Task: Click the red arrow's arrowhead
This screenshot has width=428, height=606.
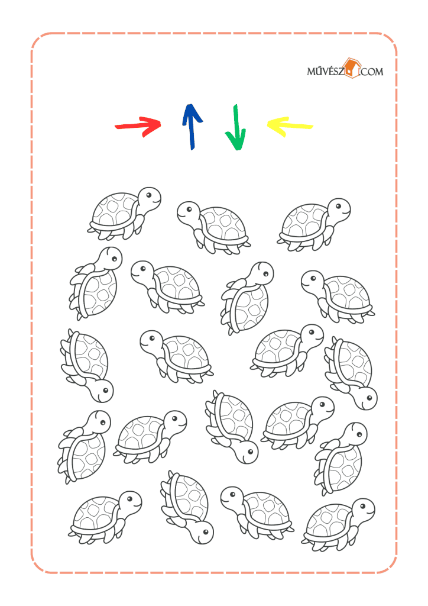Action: click(x=153, y=125)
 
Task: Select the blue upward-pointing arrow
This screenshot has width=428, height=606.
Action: click(x=192, y=127)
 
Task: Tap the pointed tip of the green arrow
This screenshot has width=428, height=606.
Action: click(x=236, y=149)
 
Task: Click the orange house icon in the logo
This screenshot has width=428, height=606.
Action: click(x=352, y=69)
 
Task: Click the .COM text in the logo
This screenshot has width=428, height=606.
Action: click(x=371, y=72)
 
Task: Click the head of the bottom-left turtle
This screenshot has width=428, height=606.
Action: click(x=130, y=503)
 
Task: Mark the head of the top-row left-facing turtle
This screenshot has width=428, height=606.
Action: click(x=189, y=212)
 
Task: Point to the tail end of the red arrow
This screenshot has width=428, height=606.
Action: click(x=116, y=127)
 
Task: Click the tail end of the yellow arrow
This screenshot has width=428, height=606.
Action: click(x=311, y=126)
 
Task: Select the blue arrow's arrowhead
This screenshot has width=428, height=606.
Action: click(x=192, y=113)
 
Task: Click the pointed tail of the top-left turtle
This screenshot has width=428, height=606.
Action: click(x=89, y=231)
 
